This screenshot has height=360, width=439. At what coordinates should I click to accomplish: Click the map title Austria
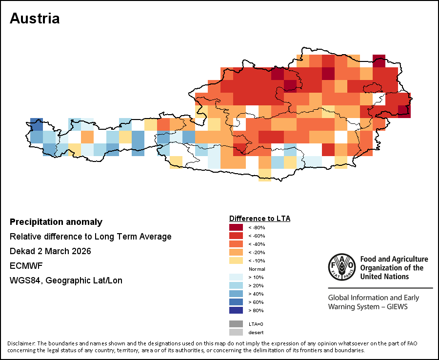35,19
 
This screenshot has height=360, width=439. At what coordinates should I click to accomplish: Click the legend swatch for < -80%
236,227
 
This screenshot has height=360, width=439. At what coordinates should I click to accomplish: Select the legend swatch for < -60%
236,236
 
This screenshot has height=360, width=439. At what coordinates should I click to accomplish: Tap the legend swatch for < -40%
236,244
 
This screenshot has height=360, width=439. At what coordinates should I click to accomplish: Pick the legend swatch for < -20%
236,252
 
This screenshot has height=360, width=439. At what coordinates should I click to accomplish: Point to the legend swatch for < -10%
236,260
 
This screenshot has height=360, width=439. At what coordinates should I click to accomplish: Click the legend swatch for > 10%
236,277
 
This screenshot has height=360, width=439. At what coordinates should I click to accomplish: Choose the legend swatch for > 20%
236,285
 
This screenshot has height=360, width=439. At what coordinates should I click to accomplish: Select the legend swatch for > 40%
236,294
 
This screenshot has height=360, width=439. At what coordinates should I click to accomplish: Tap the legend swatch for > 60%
236,302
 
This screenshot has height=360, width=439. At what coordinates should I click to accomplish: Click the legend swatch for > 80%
236,310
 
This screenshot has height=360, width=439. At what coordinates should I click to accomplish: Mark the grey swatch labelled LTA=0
236,323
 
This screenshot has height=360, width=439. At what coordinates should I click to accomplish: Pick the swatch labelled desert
236,332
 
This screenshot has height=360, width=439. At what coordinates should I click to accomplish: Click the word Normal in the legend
257,269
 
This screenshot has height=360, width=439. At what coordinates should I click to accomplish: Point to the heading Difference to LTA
259,218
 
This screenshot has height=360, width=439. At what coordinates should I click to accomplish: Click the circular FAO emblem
341,267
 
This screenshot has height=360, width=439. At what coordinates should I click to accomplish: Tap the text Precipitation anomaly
56,222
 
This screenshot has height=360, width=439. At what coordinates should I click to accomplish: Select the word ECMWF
23,266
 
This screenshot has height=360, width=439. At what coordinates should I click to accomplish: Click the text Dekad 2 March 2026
50,251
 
